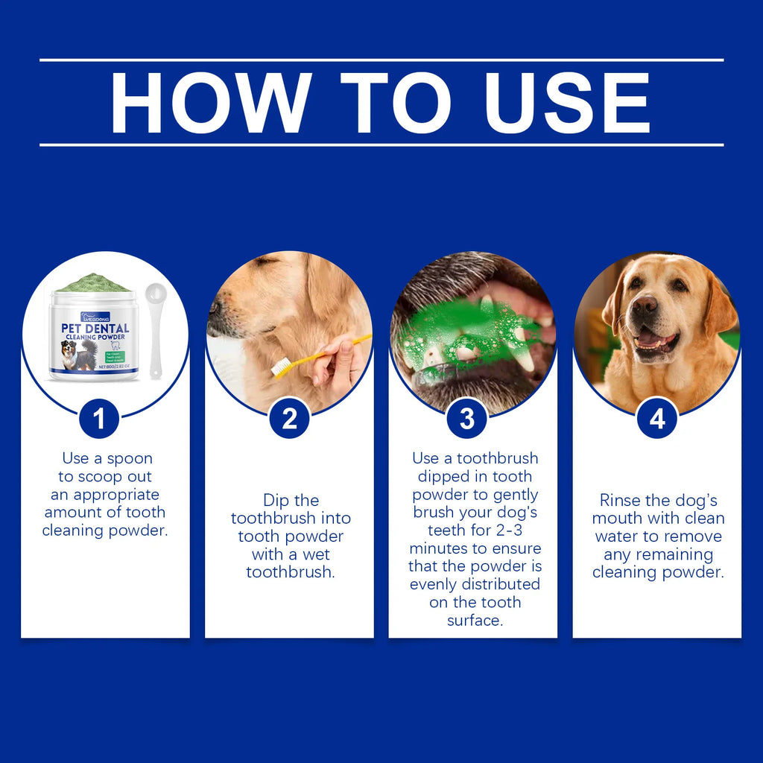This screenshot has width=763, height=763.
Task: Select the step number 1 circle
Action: coord(99,419)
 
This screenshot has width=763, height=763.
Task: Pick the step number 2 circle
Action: coord(289,419)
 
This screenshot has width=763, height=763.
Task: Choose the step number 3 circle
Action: coord(467,419)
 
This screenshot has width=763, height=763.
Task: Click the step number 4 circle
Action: coord(657,419)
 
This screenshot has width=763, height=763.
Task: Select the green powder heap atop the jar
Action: coord(93,283)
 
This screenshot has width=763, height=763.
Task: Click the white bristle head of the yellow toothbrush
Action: coord(282,367)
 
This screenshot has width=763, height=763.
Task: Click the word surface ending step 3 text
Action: coord(475,620)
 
